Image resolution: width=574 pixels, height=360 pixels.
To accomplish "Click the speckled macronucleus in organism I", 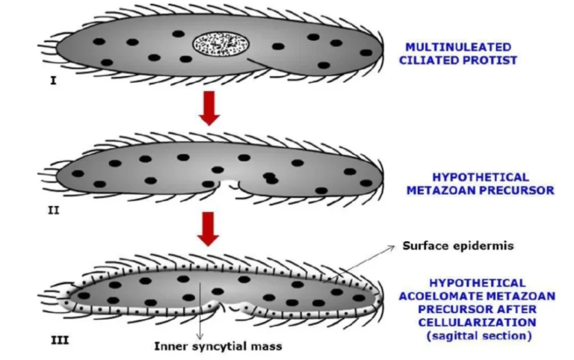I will (216, 44).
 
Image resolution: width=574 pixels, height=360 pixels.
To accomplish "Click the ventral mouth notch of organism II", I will (231, 184).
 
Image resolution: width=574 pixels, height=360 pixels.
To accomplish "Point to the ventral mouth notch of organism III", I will (238, 306).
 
